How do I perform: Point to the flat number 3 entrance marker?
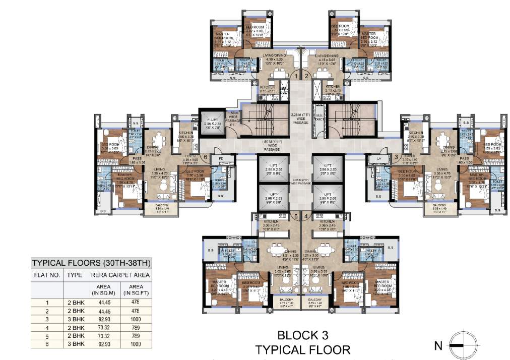pyautogui.click(x=396, y=157)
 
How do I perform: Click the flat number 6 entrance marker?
pyautogui.click(x=206, y=157)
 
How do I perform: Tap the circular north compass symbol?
pyautogui.click(x=460, y=346)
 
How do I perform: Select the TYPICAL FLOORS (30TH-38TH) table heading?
pyautogui.click(x=91, y=264)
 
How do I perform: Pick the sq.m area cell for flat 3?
pyautogui.click(x=103, y=320)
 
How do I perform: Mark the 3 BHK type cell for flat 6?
pyautogui.click(x=75, y=344)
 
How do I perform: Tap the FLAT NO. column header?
pyautogui.click(x=47, y=275)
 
